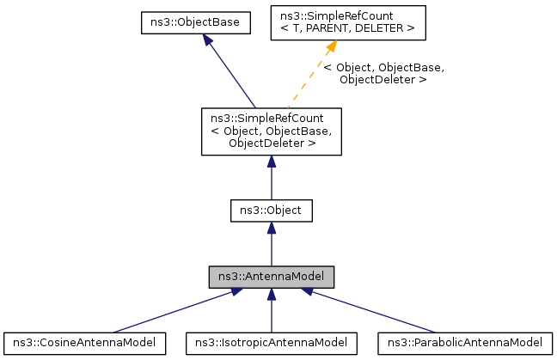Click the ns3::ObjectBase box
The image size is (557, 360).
click(x=195, y=22)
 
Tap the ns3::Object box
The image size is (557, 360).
click(x=271, y=209)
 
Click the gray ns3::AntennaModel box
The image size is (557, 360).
click(x=271, y=277)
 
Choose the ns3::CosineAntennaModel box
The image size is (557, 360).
click(x=84, y=342)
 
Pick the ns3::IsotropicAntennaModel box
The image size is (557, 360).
click(x=272, y=342)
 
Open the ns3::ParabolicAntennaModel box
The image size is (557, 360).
click(x=461, y=342)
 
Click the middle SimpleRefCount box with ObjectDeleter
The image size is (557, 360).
click(x=271, y=131)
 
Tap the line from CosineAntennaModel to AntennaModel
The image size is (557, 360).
click(x=172, y=311)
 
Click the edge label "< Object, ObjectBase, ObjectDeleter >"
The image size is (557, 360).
click(x=383, y=73)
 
